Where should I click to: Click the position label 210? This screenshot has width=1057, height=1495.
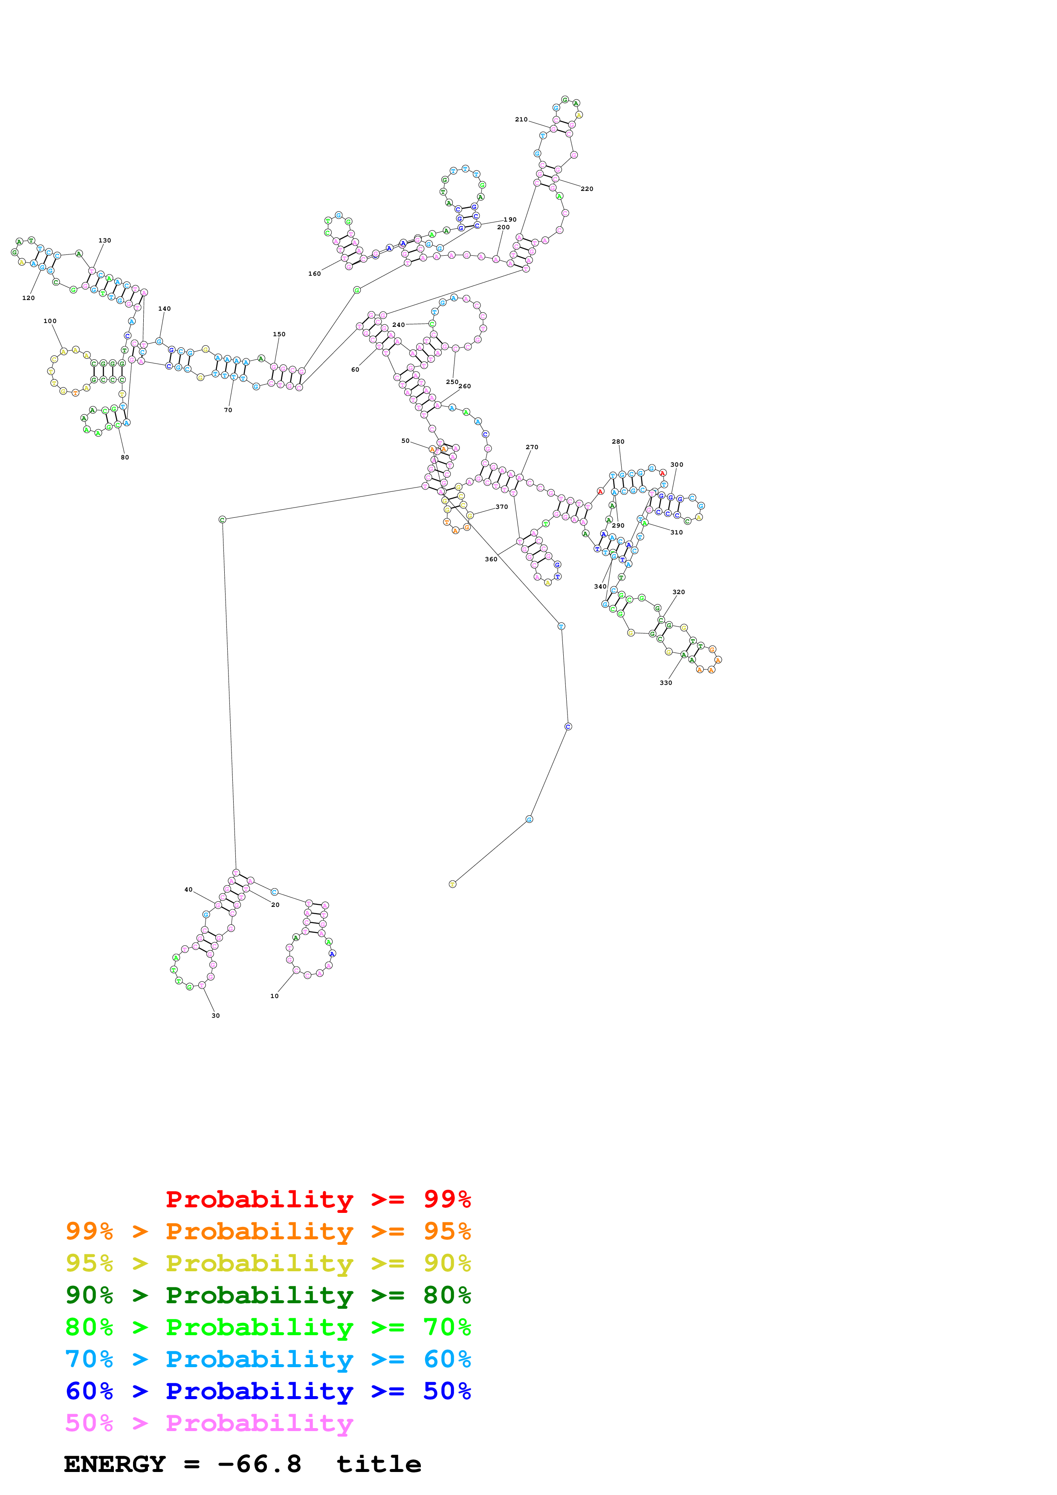pos(521,120)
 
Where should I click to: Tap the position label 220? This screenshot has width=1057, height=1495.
pos(587,189)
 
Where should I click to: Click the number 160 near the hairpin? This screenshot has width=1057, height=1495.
pos(315,274)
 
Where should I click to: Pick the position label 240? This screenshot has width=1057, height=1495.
pos(399,324)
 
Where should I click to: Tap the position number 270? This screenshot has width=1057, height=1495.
pos(532,447)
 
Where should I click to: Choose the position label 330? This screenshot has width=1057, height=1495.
pos(666,682)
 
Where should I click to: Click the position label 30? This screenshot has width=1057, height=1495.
pos(216,1015)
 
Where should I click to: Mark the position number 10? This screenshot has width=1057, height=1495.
pos(274,996)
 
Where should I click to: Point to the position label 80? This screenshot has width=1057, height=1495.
pos(125,457)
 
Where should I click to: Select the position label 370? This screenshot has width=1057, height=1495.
pos(501,507)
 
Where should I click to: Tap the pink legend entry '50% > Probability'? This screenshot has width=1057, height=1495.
pos(209,1423)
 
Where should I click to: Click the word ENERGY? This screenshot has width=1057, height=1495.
pos(115,1464)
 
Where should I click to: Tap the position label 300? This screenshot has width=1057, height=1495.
pos(677,465)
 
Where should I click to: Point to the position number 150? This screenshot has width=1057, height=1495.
pos(279,334)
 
